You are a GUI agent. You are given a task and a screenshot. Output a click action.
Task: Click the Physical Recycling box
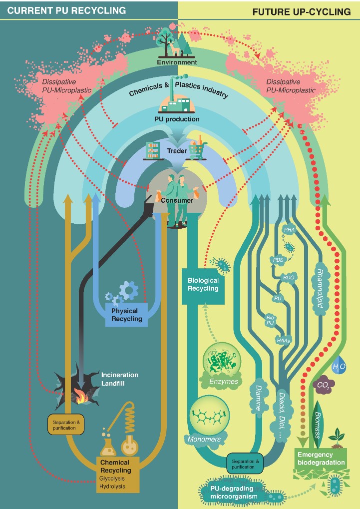pos(127,315)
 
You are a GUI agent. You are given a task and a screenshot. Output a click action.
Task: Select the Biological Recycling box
pos(203,284)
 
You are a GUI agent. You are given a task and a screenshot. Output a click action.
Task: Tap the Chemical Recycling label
pos(115,467)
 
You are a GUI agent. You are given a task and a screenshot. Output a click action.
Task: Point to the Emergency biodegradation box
pos(321,459)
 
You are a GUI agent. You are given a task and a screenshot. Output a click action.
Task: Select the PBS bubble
pos(278,260)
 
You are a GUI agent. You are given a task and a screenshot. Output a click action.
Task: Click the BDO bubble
pos(289,277)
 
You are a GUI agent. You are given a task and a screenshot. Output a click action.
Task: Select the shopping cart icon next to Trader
pos(197,150)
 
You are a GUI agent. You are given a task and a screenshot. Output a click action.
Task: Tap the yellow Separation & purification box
pos(66,425)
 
